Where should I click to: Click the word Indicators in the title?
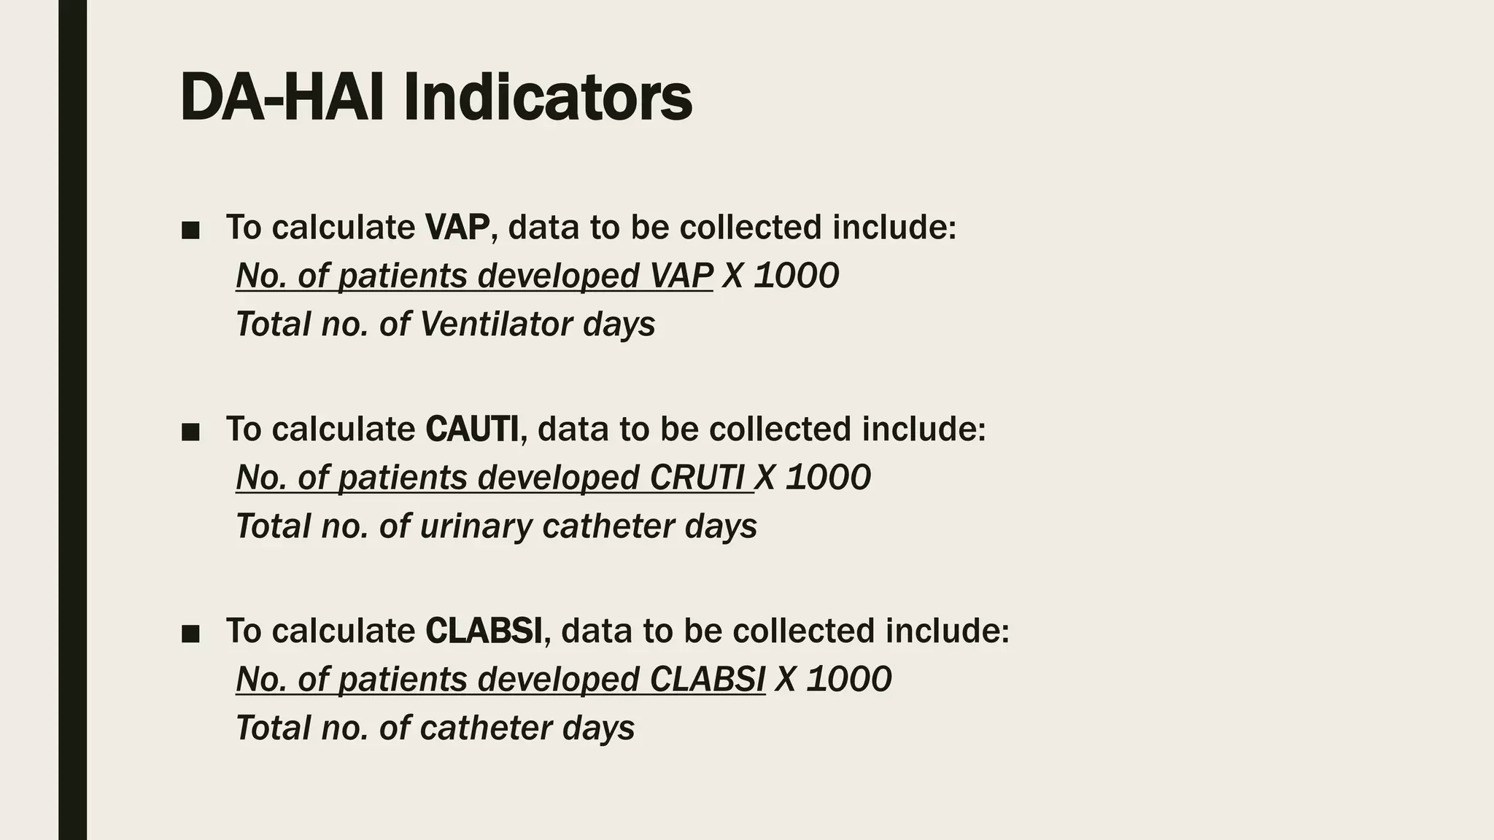(547, 98)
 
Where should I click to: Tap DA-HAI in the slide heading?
(282, 98)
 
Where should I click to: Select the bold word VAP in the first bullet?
(457, 227)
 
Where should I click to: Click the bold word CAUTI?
(472, 429)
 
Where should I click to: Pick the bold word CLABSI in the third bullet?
(484, 631)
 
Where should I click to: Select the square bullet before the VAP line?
(190, 231)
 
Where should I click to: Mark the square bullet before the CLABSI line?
(190, 634)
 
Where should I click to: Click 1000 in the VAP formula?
(796, 276)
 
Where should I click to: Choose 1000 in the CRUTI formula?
(828, 478)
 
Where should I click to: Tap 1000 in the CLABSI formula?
(849, 680)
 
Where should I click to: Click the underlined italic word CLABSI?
(707, 680)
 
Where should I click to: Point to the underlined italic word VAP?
(681, 276)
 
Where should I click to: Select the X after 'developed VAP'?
(732, 276)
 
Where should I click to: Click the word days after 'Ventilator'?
(619, 324)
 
